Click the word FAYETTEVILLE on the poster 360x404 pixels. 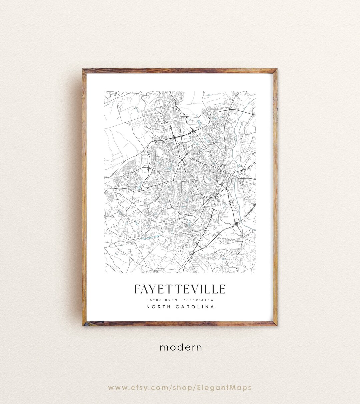[x=180, y=289]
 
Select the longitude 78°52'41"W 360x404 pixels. [x=199, y=299]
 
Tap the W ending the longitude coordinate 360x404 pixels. [x=212, y=299]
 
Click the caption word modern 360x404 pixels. [x=181, y=347]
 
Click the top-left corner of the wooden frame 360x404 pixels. [x=84, y=70]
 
